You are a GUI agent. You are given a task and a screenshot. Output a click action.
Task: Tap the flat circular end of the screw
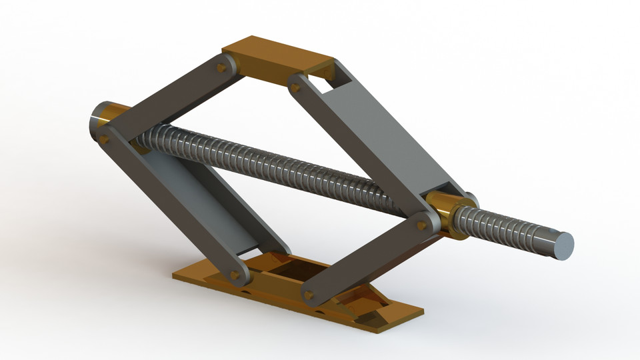pyautogui.click(x=563, y=245)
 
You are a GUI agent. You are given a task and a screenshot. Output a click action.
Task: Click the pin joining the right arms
pyautogui.click(x=420, y=225)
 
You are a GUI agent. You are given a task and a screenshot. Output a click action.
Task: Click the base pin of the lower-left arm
pyautogui.click(x=235, y=274)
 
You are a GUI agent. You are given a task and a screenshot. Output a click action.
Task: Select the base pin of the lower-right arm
pyautogui.click(x=308, y=294)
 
